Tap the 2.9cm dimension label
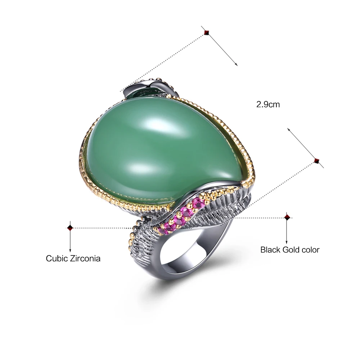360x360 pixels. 268,105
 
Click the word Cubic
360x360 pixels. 57,258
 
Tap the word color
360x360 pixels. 310,249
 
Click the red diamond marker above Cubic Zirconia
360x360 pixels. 70,228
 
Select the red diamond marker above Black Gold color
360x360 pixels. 287,217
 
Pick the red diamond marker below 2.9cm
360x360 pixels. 317,160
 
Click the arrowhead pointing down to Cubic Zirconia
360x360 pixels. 70,251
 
